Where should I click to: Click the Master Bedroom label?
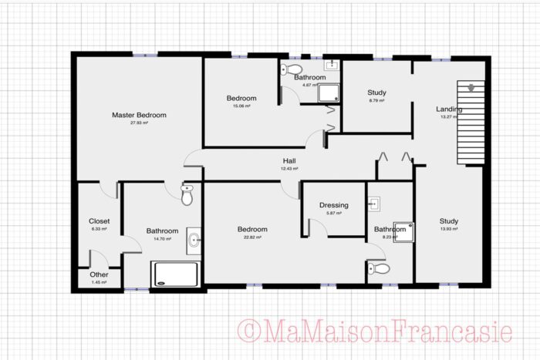pyautogui.click(x=139, y=115)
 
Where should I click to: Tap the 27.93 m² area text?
pyautogui.click(x=139, y=123)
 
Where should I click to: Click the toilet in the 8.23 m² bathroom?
pyautogui.click(x=380, y=268)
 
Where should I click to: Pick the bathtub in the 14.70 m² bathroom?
pyautogui.click(x=176, y=274)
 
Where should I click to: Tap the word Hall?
pyautogui.click(x=289, y=161)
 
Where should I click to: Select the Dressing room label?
pyautogui.click(x=334, y=205)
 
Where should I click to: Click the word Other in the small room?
pyautogui.click(x=99, y=274)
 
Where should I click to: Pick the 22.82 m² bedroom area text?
pyautogui.click(x=252, y=237)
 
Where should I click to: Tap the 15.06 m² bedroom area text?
pyautogui.click(x=241, y=106)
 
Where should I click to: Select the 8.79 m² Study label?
pyautogui.click(x=376, y=93)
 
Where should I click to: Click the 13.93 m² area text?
pyautogui.click(x=449, y=230)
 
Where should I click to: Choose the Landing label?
pyautogui.click(x=449, y=109)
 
